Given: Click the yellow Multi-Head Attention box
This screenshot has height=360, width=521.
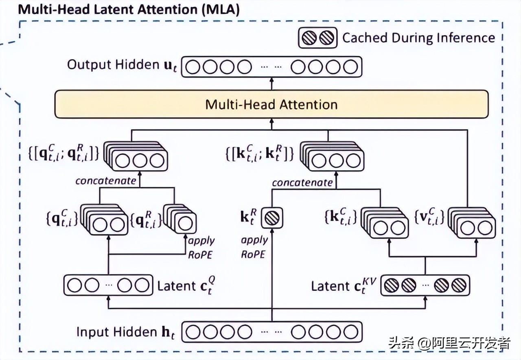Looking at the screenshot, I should tap(271, 104).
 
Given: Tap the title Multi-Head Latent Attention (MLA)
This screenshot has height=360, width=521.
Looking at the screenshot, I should tap(129, 9).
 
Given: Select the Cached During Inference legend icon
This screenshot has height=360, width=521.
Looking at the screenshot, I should tap(318, 38).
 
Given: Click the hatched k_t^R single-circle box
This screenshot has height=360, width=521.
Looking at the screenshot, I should tap(271, 218).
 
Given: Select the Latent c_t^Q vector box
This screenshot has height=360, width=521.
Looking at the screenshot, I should tap(108, 285).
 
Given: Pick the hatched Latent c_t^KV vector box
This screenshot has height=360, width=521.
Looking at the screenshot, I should tap(425, 285).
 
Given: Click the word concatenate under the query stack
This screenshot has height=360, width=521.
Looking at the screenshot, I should tap(106, 181).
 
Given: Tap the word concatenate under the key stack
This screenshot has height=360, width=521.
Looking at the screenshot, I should tap(302, 183).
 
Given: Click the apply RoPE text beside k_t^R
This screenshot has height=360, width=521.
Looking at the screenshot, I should tap(254, 247).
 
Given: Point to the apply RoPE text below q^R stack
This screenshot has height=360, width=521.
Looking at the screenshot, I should tap(201, 247).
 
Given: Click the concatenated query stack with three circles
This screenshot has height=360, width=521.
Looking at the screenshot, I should tap(136, 157).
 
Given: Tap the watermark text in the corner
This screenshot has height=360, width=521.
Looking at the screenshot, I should tap(450, 343).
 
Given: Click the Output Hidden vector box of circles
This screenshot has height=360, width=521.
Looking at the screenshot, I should tap(271, 66).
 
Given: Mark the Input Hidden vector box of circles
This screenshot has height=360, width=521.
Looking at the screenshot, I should tap(271, 332).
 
